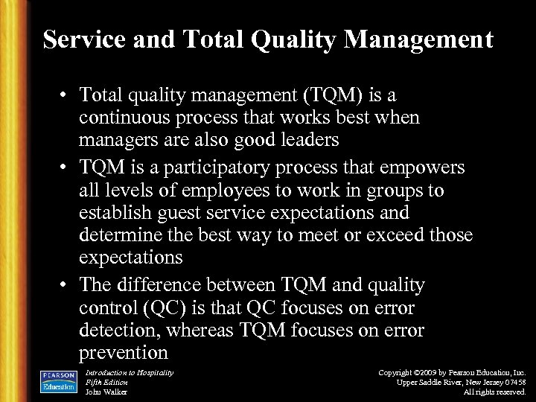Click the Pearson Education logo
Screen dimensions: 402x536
coord(59,380)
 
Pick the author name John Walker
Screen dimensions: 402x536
coord(106,392)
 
